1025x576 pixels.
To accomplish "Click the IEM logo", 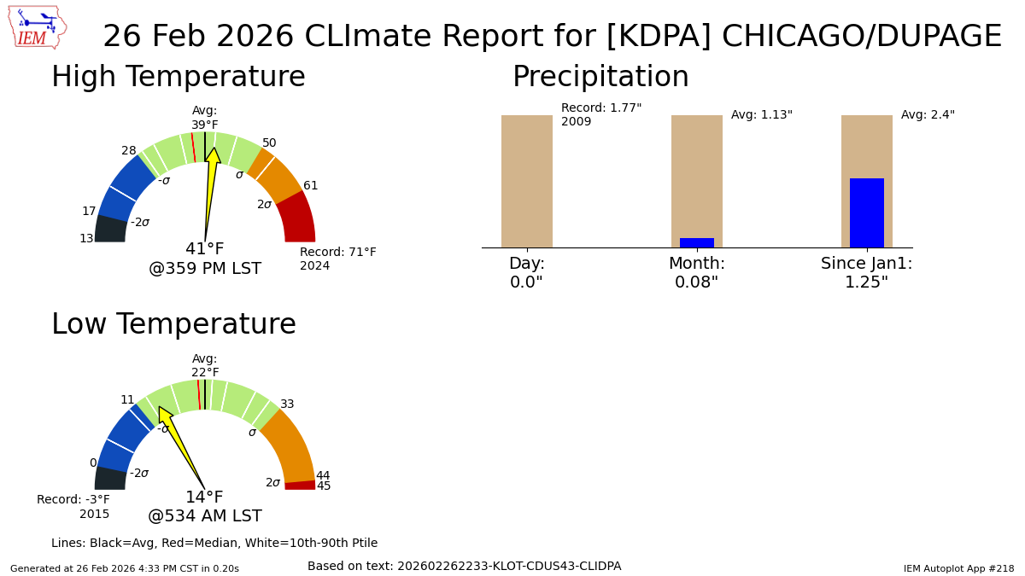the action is click(x=38, y=27).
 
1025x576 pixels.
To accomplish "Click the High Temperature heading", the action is click(x=179, y=76).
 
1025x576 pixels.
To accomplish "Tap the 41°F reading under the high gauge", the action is click(x=204, y=248).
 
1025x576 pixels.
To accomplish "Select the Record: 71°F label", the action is click(x=338, y=252).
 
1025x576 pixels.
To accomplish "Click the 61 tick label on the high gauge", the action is click(x=310, y=185).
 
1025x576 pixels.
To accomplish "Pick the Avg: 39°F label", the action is click(x=204, y=118).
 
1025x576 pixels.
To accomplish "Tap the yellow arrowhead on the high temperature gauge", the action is click(x=213, y=155).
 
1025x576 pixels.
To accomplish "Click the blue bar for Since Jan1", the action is click(x=867, y=213).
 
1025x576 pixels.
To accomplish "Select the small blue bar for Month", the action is click(x=697, y=242).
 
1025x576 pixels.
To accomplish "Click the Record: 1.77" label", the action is click(x=601, y=108).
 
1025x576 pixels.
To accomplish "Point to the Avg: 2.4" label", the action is click(x=928, y=114).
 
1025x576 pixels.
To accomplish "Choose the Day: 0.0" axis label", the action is click(x=527, y=272).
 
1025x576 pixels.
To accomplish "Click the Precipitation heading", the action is click(x=600, y=76).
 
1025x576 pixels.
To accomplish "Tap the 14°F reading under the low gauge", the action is click(x=204, y=497).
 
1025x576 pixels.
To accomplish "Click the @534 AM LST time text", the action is click(x=204, y=515).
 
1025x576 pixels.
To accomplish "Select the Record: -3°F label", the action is click(x=73, y=499).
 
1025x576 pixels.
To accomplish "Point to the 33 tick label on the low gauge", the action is click(x=287, y=404).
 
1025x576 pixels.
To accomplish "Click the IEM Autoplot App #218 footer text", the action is click(x=958, y=568).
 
